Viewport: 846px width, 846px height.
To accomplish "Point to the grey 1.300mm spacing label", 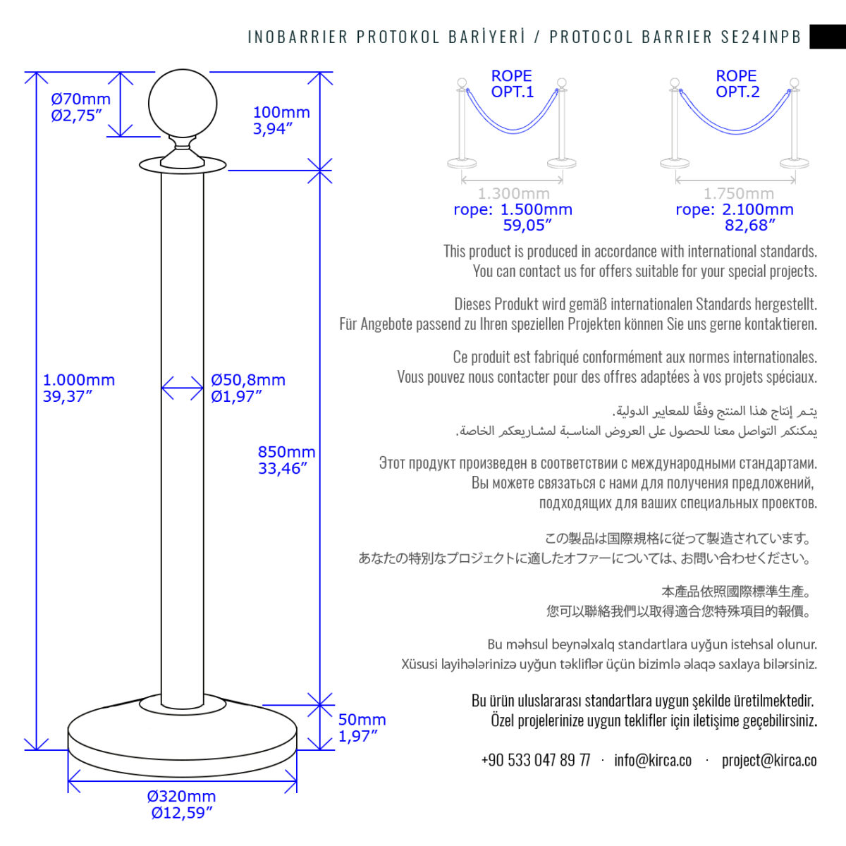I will tap(513, 193).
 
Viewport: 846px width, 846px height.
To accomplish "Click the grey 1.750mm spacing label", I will tap(738, 193).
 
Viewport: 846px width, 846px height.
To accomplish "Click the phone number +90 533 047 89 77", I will tap(535, 760).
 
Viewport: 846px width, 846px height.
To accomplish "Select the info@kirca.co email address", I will tap(653, 760).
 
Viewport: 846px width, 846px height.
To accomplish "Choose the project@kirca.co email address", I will tap(769, 760).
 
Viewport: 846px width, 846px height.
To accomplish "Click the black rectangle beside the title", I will tap(828, 37).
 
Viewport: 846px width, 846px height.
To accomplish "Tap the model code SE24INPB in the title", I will tap(761, 37).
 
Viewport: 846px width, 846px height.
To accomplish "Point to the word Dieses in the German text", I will tap(472, 305).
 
